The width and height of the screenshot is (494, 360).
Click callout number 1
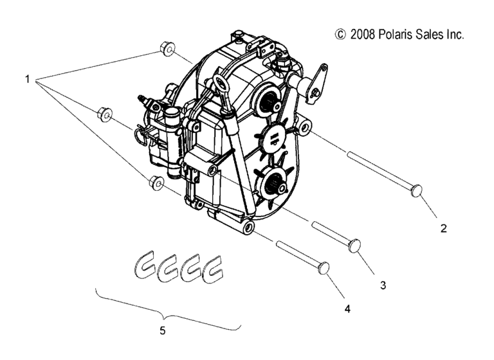tap(28, 79)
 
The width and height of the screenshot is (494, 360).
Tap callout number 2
tap(443, 228)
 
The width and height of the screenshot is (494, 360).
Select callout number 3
tap(383, 285)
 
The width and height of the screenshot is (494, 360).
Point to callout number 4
tap(347, 309)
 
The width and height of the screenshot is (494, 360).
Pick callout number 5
tap(163, 330)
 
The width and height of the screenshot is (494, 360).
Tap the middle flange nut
tap(105, 115)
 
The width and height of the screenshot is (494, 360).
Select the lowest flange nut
tap(156, 183)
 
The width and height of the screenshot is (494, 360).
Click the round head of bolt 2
tap(417, 190)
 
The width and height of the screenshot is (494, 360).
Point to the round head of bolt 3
tap(355, 245)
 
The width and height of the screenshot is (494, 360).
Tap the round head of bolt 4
tap(324, 268)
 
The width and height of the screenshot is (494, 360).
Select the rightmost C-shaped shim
tap(214, 269)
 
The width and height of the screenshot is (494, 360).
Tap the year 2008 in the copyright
tap(363, 34)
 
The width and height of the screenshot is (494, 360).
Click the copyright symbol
tap(340, 34)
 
